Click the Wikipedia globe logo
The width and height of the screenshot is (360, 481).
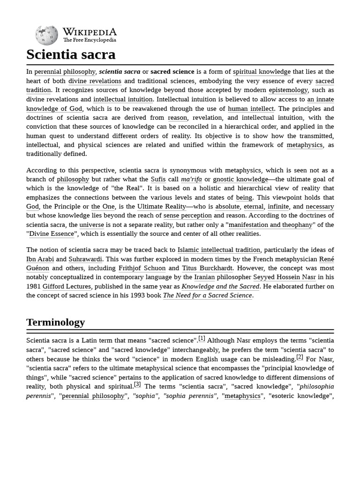pos(46,35)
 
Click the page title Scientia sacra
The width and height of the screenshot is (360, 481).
pos(71,54)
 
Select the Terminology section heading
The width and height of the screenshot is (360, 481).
pos(55,322)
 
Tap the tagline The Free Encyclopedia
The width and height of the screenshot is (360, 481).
pos(90,40)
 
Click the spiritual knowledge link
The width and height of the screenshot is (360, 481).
pos(262,72)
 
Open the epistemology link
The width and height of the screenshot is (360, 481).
pos(288,90)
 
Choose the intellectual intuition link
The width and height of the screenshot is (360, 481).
pos(123,99)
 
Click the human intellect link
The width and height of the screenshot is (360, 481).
pos(250,109)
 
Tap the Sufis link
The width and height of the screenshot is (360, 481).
pos(158,179)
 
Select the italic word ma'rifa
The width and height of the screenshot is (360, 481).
pos(191,179)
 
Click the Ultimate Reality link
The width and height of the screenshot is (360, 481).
pos(162,207)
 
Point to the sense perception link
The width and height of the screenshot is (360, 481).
pos(187,216)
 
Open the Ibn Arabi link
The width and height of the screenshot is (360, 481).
pos(40,259)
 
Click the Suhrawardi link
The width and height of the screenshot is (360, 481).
pos(85,259)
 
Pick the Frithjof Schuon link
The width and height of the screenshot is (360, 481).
pos(142,268)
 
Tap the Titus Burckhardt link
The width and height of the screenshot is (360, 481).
pos(207,268)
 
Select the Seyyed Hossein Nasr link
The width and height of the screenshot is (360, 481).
pos(285,277)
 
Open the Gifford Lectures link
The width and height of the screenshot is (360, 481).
pos(67,287)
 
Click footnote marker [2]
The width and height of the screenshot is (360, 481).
pos(300,357)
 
